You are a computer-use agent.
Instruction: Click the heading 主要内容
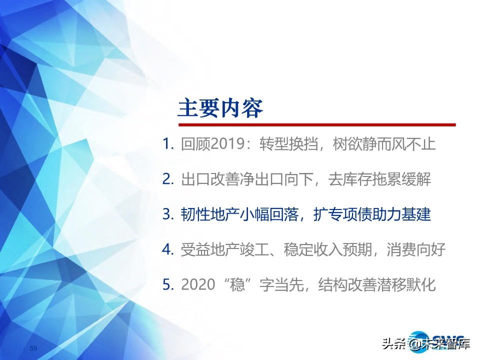(220, 107)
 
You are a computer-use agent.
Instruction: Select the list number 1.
(167, 144)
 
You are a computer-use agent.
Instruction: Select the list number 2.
(167, 179)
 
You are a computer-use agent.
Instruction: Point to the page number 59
(34, 348)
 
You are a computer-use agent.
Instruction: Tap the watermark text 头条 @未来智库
(425, 344)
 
